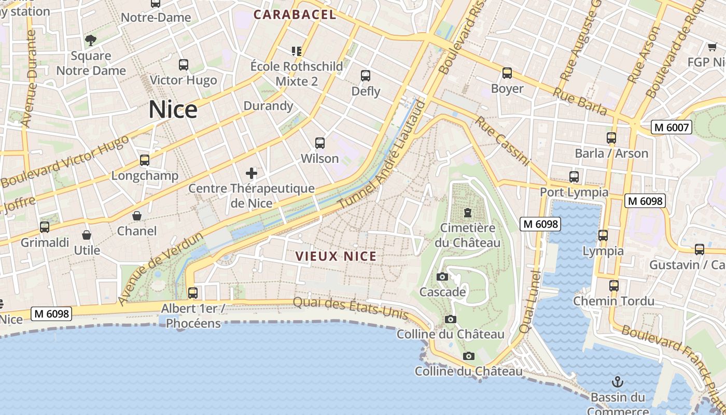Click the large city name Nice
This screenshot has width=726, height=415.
173,110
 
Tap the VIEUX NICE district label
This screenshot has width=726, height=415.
336,256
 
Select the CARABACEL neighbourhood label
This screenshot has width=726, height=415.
295,15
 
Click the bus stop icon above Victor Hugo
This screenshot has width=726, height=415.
184,65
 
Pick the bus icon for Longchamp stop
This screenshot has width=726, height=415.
145,160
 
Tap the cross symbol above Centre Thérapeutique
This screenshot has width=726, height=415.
252,173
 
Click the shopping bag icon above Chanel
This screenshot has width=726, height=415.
137,216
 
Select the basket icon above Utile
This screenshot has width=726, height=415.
87,235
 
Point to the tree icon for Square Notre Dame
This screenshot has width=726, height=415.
91,40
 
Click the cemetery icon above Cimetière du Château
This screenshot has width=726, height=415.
468,213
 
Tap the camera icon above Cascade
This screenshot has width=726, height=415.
442,277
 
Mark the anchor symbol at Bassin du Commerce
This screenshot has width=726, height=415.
617,382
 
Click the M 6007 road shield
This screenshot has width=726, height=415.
671,127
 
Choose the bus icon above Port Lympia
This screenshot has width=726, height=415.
574,177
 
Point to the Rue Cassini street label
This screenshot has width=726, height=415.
502,141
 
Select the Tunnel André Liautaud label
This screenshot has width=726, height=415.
382,156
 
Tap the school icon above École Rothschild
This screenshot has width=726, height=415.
297,51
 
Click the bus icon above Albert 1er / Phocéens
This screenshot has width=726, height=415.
193,293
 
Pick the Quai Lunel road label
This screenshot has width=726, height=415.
529,301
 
